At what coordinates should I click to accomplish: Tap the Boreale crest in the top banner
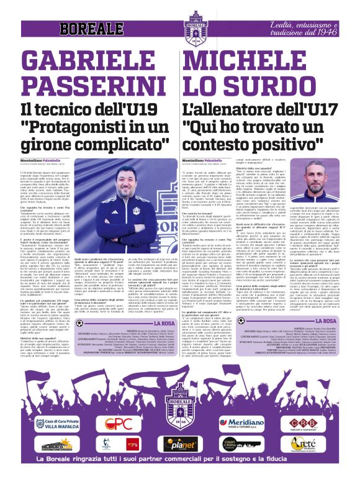point(180,23)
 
